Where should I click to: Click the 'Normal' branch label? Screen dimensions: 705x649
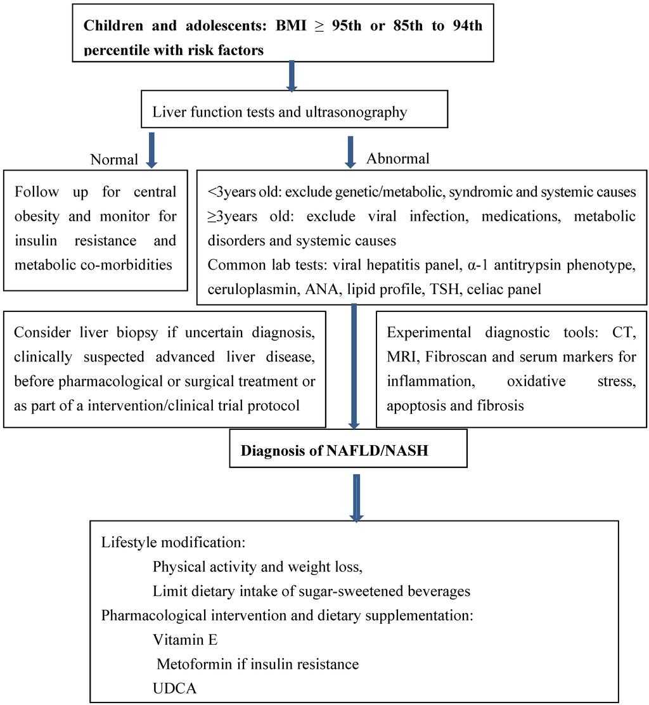pos(114,159)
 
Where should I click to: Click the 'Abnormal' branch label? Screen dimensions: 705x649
pos(397,158)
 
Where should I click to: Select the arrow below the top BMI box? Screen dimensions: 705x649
pos(292,75)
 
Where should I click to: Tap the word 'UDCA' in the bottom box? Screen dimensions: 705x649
pos(175,687)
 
